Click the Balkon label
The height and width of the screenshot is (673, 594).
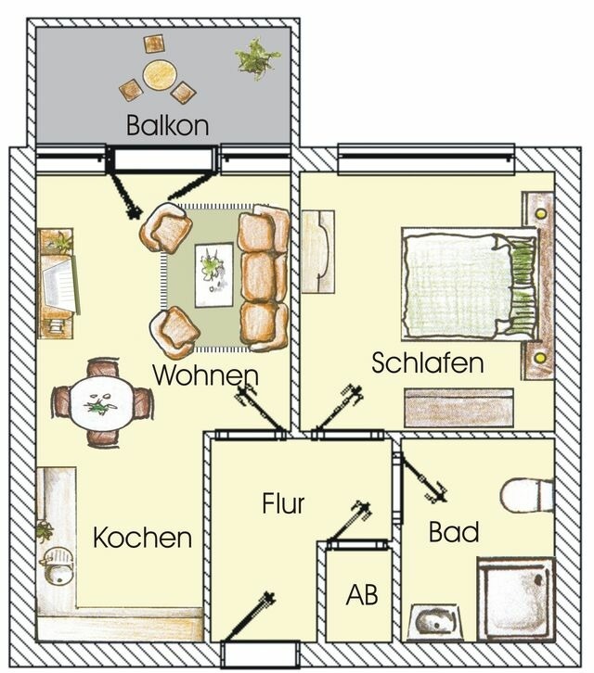click(167, 125)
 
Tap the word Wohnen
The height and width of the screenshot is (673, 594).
click(205, 375)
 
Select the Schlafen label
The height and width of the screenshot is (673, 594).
click(427, 362)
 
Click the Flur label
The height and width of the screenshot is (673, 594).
click(283, 504)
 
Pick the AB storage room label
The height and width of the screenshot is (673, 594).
click(361, 595)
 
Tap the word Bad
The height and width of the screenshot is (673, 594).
click(454, 532)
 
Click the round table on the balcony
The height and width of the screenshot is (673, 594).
click(160, 74)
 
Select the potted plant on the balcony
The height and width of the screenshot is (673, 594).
click(257, 57)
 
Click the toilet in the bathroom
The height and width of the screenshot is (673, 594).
click(527, 494)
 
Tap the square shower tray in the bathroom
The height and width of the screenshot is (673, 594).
click(515, 598)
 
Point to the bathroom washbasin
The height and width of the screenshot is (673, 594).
click(433, 620)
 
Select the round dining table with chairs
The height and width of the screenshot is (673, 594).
click(100, 403)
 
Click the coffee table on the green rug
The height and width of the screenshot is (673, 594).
click(213, 274)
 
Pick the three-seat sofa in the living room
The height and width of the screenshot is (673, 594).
click(263, 277)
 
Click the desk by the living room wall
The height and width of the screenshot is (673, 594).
click(57, 283)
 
